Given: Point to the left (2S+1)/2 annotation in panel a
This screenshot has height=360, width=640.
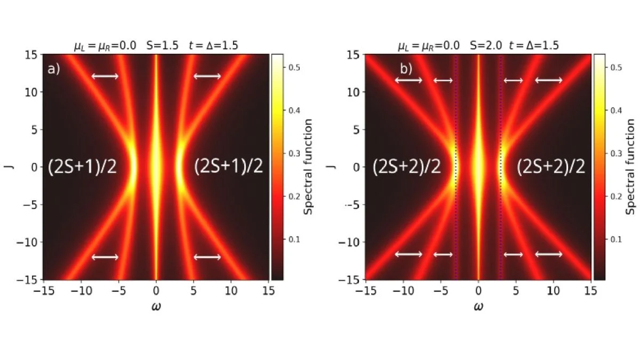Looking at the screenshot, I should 82,167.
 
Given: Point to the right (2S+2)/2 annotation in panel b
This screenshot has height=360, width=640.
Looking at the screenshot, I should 551,167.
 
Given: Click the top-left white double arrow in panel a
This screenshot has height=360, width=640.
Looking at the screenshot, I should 105,76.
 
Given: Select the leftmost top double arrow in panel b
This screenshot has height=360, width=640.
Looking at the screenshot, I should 408,81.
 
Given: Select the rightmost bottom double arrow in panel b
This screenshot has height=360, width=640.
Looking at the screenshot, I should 549,254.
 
